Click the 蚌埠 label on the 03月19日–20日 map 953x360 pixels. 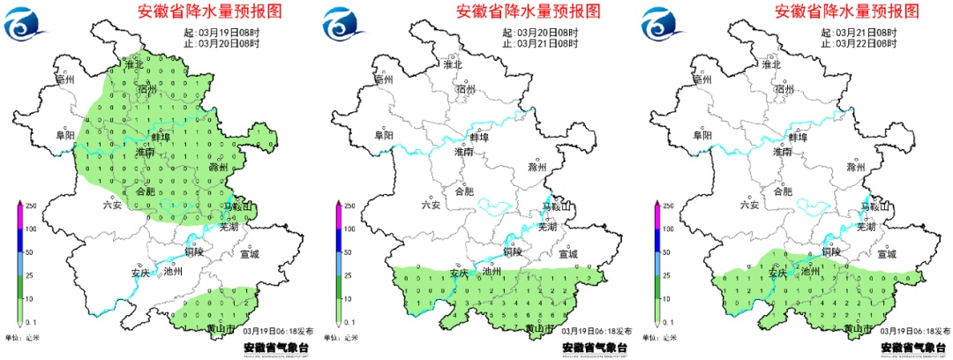(x=161, y=137)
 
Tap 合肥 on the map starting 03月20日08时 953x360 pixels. (x=463, y=191)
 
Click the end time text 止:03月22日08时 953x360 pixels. (x=858, y=42)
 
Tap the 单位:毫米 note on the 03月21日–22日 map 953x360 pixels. (x=661, y=338)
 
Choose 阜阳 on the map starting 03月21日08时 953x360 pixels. (x=702, y=136)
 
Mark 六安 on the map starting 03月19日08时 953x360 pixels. (x=110, y=205)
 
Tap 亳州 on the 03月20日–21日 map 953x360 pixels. (x=383, y=79)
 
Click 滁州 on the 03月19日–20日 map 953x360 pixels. (x=217, y=167)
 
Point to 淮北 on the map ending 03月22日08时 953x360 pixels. (x=771, y=64)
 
